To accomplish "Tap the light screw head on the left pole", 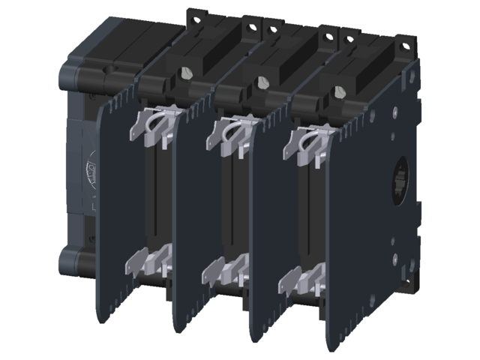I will tap(184, 72).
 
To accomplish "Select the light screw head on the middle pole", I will tap(262, 81).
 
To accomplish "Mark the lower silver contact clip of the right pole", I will tap(298, 282).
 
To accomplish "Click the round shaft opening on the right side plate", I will tap(399, 180).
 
